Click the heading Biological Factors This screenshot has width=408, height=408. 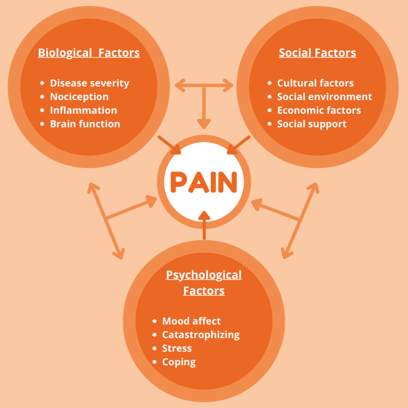click(x=89, y=53)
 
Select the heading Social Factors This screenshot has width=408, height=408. click(x=317, y=53)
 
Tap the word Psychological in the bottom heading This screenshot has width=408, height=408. click(x=204, y=275)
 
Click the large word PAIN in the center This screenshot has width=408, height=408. click(x=204, y=182)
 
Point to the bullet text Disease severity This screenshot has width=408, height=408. click(x=89, y=83)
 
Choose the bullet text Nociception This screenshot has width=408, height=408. click(x=79, y=97)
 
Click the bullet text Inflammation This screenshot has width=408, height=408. click(x=83, y=111)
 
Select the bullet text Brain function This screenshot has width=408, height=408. click(x=85, y=124)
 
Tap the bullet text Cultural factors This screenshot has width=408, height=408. click(x=315, y=83)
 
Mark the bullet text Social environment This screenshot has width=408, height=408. click(x=324, y=97)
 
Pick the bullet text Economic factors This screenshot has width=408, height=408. click(x=319, y=111)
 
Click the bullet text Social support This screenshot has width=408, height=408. click(x=311, y=124)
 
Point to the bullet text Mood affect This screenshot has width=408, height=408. click(x=191, y=321)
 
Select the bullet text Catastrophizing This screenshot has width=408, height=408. click(x=201, y=335)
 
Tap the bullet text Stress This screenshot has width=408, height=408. click(x=177, y=349)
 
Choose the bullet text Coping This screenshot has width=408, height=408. click(x=179, y=362)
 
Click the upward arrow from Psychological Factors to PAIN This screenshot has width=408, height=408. click(x=204, y=224)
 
